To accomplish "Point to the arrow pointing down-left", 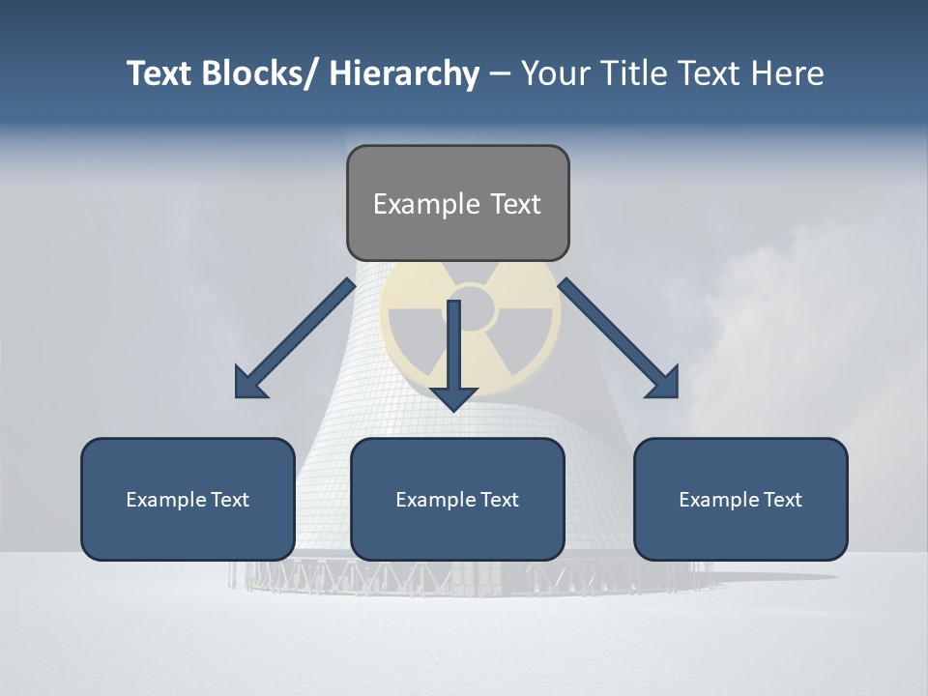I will [295, 338].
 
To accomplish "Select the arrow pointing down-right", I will [619, 338].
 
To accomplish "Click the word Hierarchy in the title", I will [404, 73].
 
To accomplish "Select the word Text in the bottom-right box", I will [782, 500].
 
